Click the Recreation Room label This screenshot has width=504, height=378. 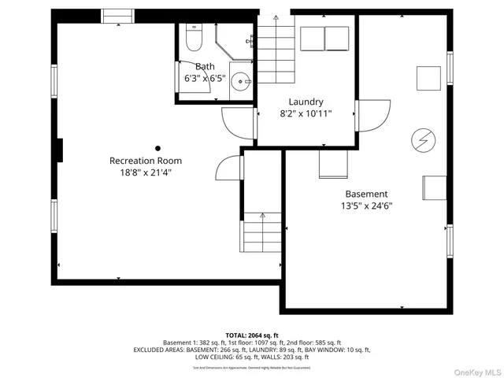(140, 161)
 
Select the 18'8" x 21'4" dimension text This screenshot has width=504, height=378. (140, 172)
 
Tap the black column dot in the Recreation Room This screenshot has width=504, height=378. (157, 148)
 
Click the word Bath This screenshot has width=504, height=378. (205, 67)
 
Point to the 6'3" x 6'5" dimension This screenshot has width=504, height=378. (205, 79)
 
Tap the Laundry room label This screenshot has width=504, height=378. (306, 102)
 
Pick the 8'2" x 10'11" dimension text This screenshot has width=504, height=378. (306, 114)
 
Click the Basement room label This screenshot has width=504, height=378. (366, 194)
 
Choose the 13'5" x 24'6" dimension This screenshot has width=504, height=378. (366, 206)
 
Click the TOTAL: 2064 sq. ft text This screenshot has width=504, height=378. (252, 335)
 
